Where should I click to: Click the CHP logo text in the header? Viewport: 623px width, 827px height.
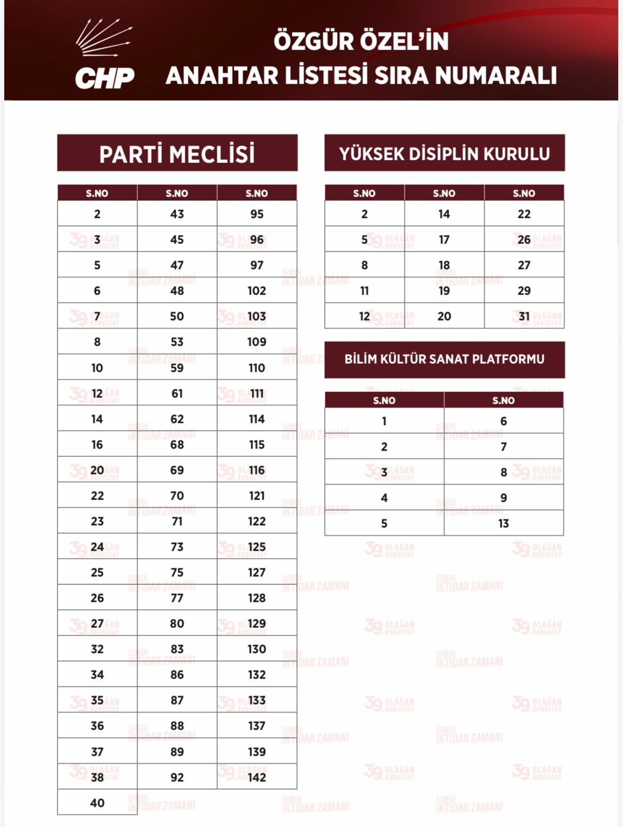(x=104, y=78)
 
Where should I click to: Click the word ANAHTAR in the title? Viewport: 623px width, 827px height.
(x=221, y=75)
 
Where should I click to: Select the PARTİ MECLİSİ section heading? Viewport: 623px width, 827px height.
(x=177, y=154)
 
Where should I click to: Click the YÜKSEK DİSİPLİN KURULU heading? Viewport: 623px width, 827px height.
(x=444, y=153)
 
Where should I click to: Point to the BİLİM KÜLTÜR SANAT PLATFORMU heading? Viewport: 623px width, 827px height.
(x=444, y=359)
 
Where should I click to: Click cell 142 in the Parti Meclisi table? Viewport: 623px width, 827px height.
(x=257, y=777)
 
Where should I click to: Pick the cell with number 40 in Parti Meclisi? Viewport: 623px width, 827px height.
(x=97, y=803)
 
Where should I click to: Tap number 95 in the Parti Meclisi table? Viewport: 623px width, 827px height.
(x=257, y=214)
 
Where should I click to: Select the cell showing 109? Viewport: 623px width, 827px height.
(x=257, y=342)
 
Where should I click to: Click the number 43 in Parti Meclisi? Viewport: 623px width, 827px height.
(x=177, y=214)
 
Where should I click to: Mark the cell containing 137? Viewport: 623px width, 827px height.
(x=257, y=726)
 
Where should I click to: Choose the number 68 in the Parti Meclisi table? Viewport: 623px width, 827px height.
(x=177, y=445)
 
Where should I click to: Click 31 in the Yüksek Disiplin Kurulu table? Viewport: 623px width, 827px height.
(x=524, y=316)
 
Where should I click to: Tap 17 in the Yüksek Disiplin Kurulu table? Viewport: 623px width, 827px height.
(x=444, y=240)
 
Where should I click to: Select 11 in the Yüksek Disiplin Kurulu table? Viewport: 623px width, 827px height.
(x=364, y=291)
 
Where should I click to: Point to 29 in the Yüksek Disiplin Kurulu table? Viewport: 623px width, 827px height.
(x=524, y=291)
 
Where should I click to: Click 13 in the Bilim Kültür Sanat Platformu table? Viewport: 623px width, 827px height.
(x=504, y=523)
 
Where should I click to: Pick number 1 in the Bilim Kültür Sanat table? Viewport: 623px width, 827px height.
(x=384, y=421)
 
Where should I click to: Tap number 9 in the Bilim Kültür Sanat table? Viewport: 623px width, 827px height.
(x=504, y=498)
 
